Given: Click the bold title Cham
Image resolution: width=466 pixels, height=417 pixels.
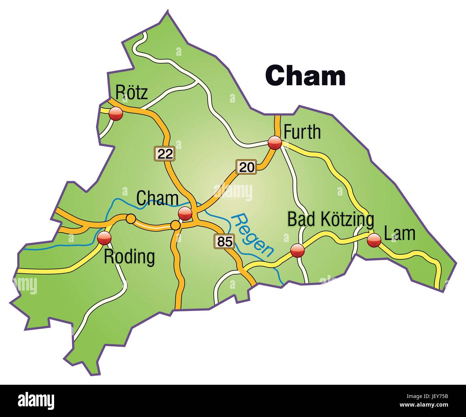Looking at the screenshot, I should click(x=305, y=76).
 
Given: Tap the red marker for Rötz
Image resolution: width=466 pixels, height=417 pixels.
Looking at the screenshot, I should click(x=116, y=114).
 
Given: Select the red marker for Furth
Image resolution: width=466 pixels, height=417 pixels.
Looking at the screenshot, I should click(x=275, y=143).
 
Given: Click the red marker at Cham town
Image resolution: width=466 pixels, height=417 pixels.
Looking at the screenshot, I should click(x=185, y=214).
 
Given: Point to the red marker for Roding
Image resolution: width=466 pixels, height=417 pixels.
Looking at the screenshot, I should click(x=104, y=238).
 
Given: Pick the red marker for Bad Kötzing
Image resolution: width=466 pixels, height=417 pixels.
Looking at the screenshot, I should click(x=297, y=250).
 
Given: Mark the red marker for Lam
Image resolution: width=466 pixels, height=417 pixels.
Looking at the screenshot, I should click(x=374, y=240).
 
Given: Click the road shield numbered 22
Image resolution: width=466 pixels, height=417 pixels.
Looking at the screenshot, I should click(x=165, y=153).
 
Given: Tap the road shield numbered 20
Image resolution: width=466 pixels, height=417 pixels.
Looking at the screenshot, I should click(x=246, y=167).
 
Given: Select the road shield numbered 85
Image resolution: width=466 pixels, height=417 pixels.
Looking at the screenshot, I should click(x=224, y=241).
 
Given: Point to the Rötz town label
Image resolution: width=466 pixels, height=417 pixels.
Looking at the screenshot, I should click(x=131, y=92).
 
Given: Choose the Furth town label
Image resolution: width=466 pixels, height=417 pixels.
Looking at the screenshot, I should click(x=302, y=132).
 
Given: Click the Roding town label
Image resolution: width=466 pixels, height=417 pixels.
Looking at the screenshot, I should click(x=129, y=257).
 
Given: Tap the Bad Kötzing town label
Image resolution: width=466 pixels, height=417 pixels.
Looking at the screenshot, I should click(x=331, y=219).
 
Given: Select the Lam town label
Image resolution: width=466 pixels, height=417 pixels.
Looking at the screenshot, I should click(x=399, y=234).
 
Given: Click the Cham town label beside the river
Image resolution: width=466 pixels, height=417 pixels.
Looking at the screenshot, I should click(x=157, y=198).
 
